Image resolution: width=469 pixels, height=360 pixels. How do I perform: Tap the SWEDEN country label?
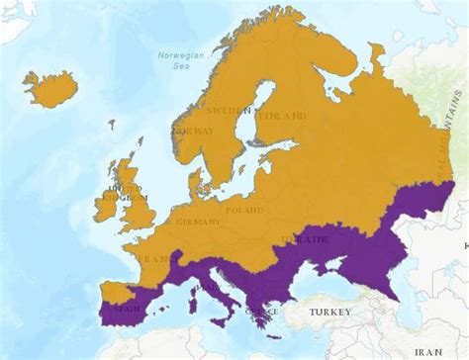pos(234,111)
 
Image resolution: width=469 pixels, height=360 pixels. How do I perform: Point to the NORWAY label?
pos(194,132)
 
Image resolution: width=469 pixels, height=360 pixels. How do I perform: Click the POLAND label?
pos(244,210)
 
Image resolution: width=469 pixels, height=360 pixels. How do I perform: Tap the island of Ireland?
pos(106,207)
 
